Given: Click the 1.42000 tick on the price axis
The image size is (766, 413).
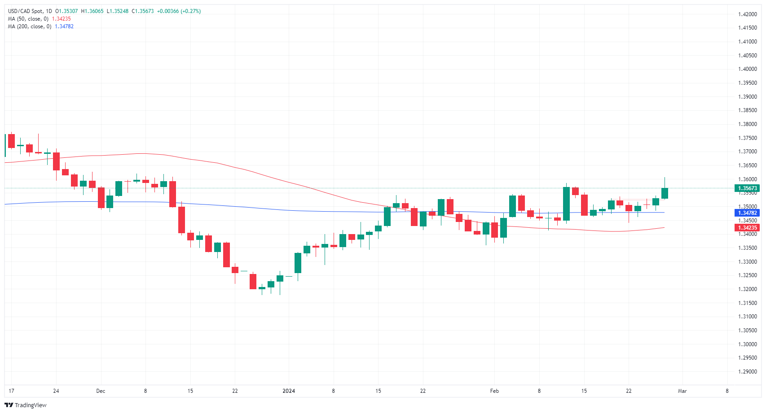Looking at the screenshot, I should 747,14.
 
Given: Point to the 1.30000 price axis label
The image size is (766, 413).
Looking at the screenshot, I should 747,344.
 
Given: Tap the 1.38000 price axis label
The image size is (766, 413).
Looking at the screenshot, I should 747,124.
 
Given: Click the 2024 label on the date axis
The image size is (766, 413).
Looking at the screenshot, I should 289,391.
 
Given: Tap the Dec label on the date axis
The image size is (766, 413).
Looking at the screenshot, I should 101,391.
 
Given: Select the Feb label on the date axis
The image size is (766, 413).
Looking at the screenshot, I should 494,391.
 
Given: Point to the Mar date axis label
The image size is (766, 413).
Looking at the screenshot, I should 682,391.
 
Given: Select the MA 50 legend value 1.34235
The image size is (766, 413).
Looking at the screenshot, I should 62,19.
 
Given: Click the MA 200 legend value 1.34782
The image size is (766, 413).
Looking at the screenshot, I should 64,26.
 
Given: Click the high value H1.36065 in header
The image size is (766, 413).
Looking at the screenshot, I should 92,11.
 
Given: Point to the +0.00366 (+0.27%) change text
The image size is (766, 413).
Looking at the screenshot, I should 179,11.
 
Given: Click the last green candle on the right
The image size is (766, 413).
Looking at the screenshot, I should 665,193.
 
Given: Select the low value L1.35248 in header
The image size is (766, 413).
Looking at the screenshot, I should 118,11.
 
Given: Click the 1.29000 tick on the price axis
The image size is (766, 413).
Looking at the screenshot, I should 747,372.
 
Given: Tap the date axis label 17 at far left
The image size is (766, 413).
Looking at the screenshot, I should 11,391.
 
